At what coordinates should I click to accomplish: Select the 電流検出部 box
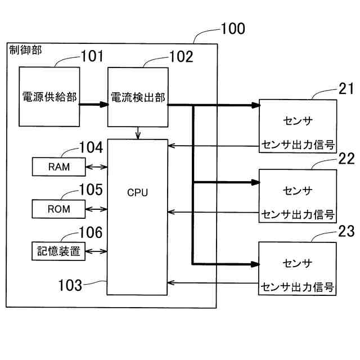(138, 97)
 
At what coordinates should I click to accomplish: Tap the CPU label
(137, 192)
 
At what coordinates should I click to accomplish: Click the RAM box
(58, 166)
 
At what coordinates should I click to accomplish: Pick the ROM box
(58, 209)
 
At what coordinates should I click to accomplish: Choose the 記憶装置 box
(58, 251)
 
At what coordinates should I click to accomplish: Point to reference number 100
(232, 29)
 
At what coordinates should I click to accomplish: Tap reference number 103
(70, 284)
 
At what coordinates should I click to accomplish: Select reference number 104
(91, 148)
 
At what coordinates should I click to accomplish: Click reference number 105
(91, 190)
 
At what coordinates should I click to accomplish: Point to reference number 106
(91, 232)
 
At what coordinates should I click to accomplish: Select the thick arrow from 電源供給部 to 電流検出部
(93, 104)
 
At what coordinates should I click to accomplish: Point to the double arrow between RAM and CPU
(96, 166)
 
